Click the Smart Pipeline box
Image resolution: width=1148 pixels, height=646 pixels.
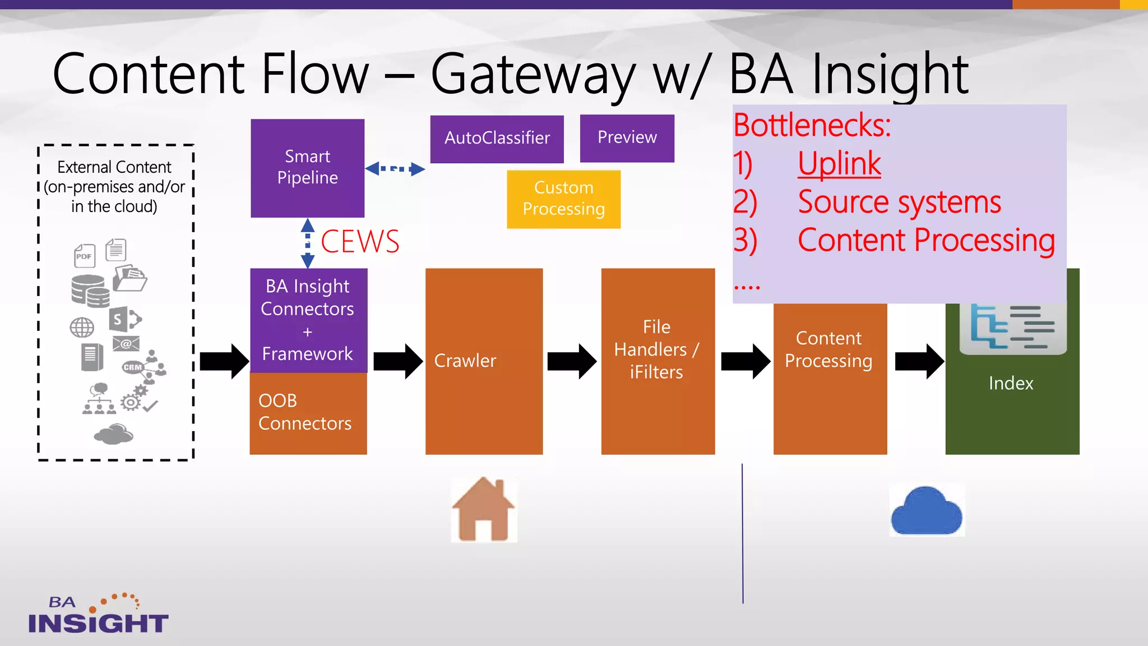(x=307, y=167)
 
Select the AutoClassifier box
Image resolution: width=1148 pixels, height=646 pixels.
(x=497, y=139)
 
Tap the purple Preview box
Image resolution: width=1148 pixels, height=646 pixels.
(x=627, y=138)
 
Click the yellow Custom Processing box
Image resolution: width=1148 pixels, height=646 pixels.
(x=563, y=199)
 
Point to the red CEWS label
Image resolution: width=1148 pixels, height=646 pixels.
(x=360, y=242)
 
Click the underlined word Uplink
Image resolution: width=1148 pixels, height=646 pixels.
(x=839, y=164)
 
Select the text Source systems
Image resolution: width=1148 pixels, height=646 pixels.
(x=899, y=202)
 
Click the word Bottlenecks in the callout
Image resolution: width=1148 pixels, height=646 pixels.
(x=812, y=125)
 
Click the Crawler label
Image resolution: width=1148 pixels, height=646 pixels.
(x=465, y=361)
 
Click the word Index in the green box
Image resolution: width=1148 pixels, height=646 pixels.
(x=1011, y=383)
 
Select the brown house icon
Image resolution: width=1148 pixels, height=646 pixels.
(x=483, y=509)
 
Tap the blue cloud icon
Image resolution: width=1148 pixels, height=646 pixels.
(x=926, y=510)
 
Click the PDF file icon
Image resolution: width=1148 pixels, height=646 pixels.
(x=85, y=256)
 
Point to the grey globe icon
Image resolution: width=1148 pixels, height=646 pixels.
(x=82, y=327)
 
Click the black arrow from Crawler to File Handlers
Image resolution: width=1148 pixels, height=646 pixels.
(x=571, y=361)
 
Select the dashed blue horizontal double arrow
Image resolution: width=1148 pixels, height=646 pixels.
(x=395, y=168)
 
